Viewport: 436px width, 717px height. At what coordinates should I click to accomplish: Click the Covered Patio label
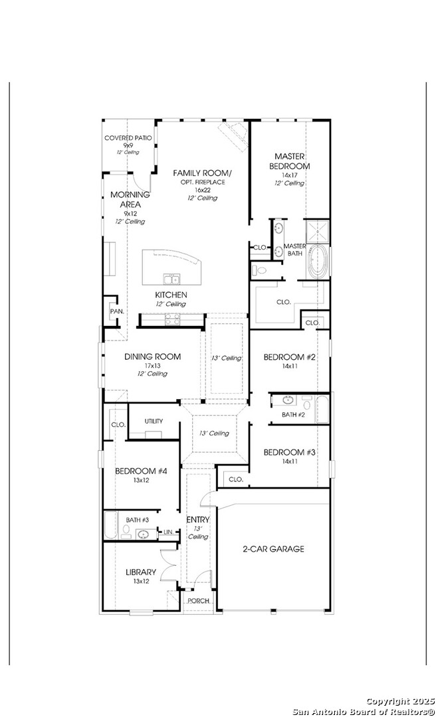point(128,137)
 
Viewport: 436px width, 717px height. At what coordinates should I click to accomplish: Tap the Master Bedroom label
point(289,161)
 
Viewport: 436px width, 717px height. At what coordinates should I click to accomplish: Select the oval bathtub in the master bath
point(317,262)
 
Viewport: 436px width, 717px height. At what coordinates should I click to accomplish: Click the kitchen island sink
point(172,279)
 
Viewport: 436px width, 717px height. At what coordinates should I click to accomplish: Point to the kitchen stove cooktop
point(173,319)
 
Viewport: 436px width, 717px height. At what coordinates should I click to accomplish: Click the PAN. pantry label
point(116,311)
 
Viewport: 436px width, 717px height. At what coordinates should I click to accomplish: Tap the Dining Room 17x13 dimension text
point(152,365)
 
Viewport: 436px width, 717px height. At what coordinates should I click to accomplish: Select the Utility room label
point(154,421)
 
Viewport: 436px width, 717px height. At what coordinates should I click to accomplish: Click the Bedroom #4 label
point(138,471)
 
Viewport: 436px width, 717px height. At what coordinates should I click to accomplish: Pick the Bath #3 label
point(138,520)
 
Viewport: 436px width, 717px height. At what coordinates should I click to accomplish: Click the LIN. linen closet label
point(169,532)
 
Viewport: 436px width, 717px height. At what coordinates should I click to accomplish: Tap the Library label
point(141,572)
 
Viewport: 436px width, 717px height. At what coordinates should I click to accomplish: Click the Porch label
point(199,601)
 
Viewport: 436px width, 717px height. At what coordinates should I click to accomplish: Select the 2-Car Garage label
point(273,549)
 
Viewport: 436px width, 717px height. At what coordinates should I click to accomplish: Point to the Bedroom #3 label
point(289,452)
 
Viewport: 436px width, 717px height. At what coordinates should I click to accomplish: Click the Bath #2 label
point(293,415)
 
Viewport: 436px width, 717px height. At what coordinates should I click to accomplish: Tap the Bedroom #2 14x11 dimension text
point(290,366)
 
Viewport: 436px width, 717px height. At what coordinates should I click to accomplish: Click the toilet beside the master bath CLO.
point(261,270)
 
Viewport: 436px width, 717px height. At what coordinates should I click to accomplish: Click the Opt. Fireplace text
point(202,182)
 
